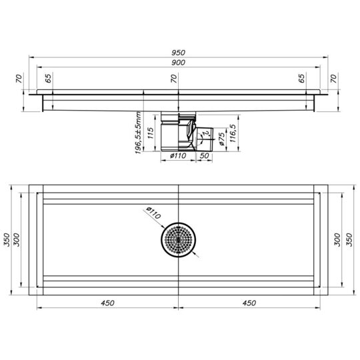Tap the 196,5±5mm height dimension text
[138, 133]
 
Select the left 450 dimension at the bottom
[107, 303]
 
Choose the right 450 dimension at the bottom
[249, 303]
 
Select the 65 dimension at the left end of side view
[49, 79]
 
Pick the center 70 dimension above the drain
[173, 79]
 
